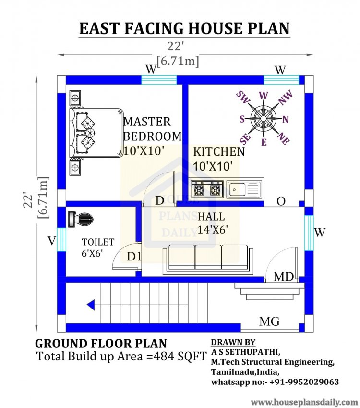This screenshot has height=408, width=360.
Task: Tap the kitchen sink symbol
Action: pos(245,190)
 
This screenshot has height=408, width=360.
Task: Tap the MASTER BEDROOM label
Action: pos(152,129)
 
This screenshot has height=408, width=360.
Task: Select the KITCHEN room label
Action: pos(218,152)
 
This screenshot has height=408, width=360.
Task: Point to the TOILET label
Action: pos(97,242)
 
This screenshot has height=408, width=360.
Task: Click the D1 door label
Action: pos(134,257)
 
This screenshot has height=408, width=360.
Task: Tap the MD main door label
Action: pos(284,277)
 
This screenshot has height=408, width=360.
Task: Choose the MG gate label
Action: pos(269,321)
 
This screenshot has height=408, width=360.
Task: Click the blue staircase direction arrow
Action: pos(91,304)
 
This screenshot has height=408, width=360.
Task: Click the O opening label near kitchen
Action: pos(281,201)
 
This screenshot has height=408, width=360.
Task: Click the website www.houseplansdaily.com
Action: pos(304,402)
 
